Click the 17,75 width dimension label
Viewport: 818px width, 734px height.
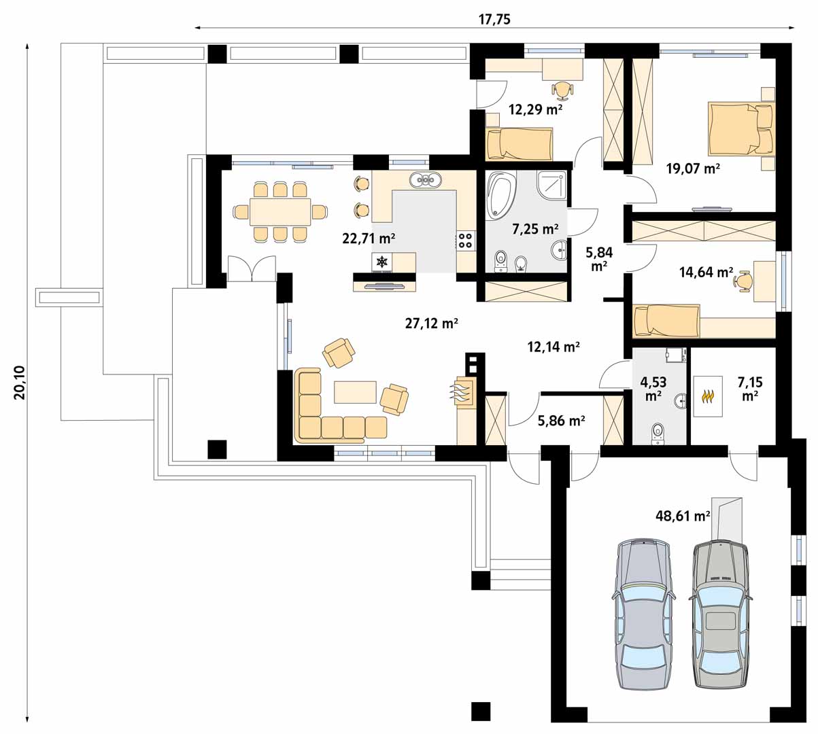click(494, 19)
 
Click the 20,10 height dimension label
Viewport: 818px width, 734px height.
click(19, 382)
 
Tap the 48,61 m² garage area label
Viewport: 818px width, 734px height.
click(680, 516)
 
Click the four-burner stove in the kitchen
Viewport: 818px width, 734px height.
click(466, 239)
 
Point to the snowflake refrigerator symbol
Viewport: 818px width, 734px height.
click(382, 262)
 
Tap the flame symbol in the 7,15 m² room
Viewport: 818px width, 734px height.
click(708, 396)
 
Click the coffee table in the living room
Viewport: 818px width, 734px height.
click(354, 391)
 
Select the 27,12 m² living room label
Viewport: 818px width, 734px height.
click(431, 324)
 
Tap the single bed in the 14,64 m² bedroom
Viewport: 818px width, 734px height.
click(666, 321)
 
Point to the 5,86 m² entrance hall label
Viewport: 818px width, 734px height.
click(562, 421)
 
